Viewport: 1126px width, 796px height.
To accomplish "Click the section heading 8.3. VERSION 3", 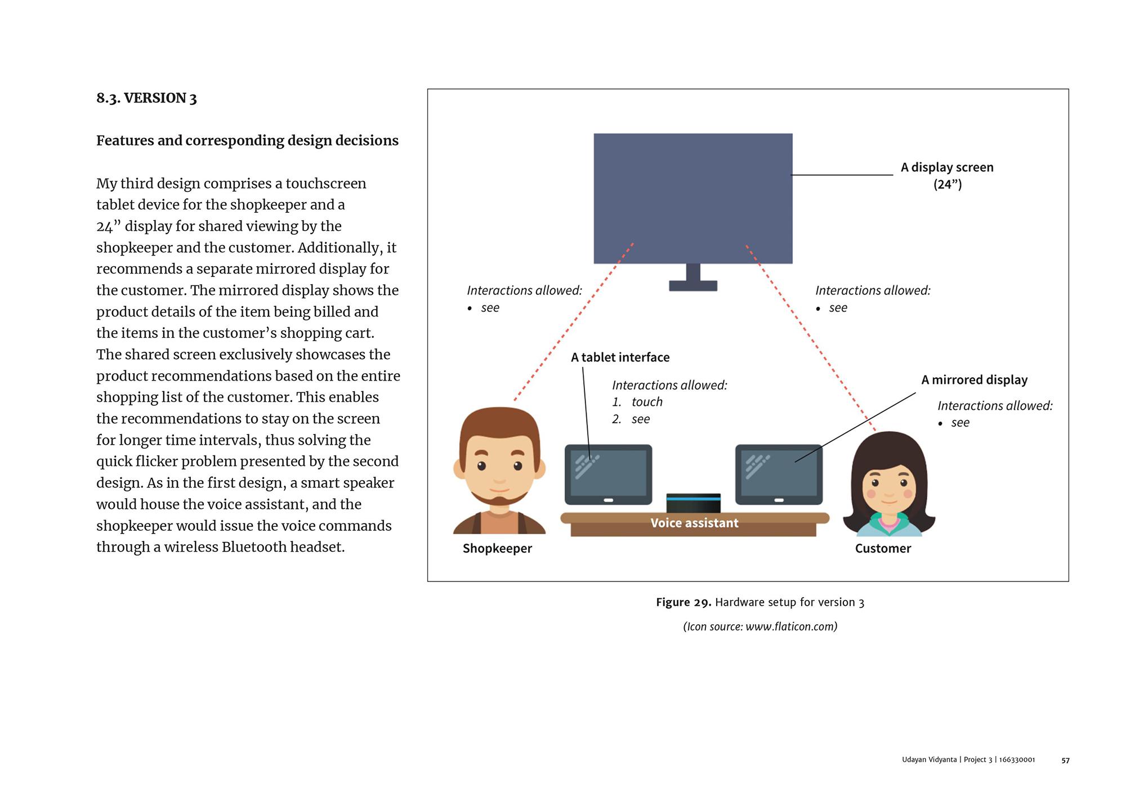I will [146, 99].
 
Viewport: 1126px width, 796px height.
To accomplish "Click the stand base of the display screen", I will [693, 286].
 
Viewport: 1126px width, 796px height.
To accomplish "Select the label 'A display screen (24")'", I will [947, 176].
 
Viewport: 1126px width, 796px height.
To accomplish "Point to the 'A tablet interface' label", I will [620, 357].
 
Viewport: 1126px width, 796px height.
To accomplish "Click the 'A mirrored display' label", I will [974, 380].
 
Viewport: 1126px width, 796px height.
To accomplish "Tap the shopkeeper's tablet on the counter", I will [608, 474].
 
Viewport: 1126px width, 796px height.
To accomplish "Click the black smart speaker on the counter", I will [693, 502].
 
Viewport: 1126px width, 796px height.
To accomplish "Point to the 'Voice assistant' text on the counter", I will [694, 523].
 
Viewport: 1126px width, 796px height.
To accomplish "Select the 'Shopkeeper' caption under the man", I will [497, 548].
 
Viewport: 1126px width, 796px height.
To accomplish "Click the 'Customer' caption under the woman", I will [883, 548].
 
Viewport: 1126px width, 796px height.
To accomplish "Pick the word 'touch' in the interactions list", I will [647, 402].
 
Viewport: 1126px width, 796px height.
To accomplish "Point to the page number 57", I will [1065, 760].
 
